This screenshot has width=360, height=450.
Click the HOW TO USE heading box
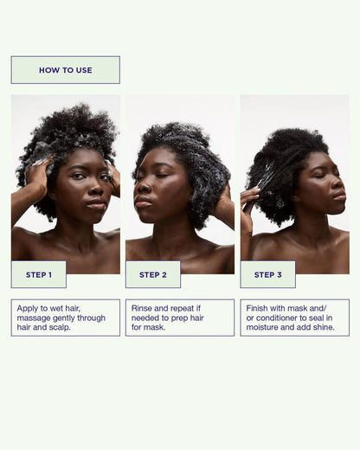(65, 70)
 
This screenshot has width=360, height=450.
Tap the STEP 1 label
(39, 274)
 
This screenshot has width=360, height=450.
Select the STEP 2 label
(153, 274)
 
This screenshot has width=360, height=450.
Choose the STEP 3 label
(267, 274)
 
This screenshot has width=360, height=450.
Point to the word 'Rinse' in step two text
(145, 307)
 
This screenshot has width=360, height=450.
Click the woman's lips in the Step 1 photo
(95, 206)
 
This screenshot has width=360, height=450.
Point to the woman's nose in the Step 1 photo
(93, 190)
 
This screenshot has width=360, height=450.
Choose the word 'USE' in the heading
(83, 70)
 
